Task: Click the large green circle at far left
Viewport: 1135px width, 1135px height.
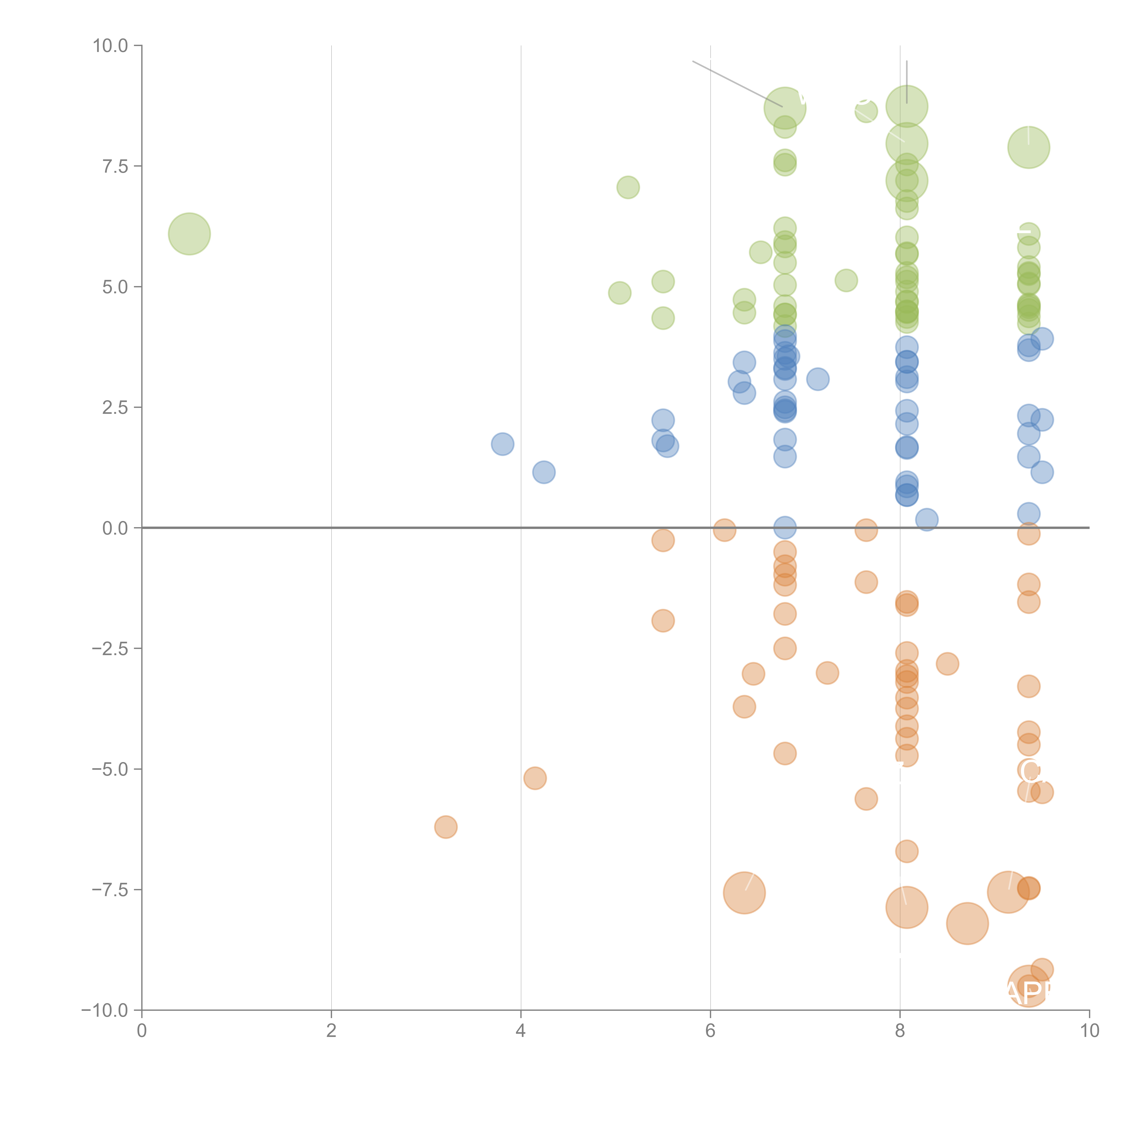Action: click(x=189, y=234)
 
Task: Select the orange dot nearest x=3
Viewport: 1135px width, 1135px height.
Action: click(x=446, y=827)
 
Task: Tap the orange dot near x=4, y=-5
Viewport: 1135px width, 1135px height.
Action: click(x=535, y=778)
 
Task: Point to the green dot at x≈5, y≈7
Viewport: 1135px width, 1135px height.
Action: click(x=628, y=188)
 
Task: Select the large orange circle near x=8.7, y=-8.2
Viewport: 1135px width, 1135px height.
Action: click(x=967, y=923)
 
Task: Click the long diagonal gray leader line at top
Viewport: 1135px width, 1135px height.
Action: click(x=737, y=83)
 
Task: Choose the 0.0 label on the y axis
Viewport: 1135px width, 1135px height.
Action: click(x=115, y=528)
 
